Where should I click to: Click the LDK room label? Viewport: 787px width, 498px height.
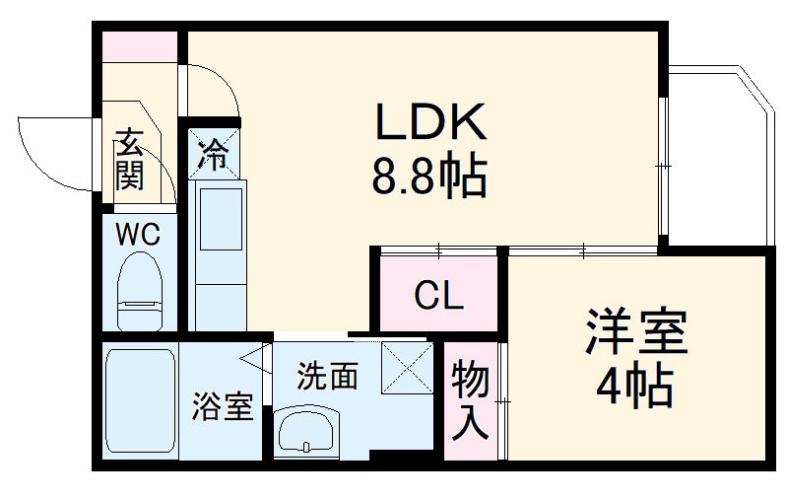click(429, 122)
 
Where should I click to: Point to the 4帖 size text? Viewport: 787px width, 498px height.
click(636, 388)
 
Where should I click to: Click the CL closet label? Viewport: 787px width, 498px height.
click(438, 295)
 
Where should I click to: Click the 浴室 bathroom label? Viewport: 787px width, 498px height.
click(224, 405)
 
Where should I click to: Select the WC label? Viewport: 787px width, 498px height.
click(138, 236)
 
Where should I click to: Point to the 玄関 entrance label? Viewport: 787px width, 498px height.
click(129, 160)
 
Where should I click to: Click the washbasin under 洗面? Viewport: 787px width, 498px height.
click(306, 430)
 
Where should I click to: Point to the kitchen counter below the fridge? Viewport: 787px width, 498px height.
click(220, 252)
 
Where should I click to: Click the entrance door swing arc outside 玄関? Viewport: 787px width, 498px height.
click(49, 148)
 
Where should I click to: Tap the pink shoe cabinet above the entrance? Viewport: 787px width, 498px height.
click(141, 45)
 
